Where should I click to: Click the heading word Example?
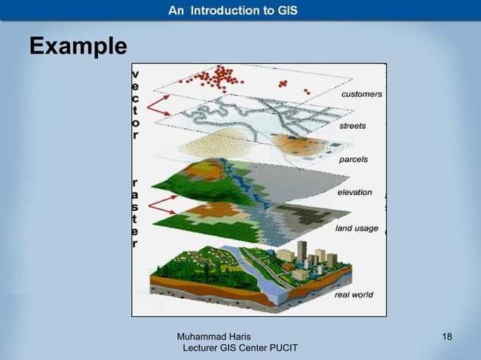click(x=78, y=47)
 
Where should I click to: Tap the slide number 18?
click(x=447, y=335)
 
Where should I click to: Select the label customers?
click(x=361, y=95)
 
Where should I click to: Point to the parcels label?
click(x=353, y=160)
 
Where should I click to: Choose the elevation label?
click(x=354, y=193)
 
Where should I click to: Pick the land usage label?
click(x=356, y=228)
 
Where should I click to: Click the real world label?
click(x=353, y=294)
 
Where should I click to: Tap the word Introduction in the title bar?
click(x=233, y=10)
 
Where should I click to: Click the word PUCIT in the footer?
click(x=280, y=347)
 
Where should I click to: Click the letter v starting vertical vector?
click(x=135, y=75)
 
